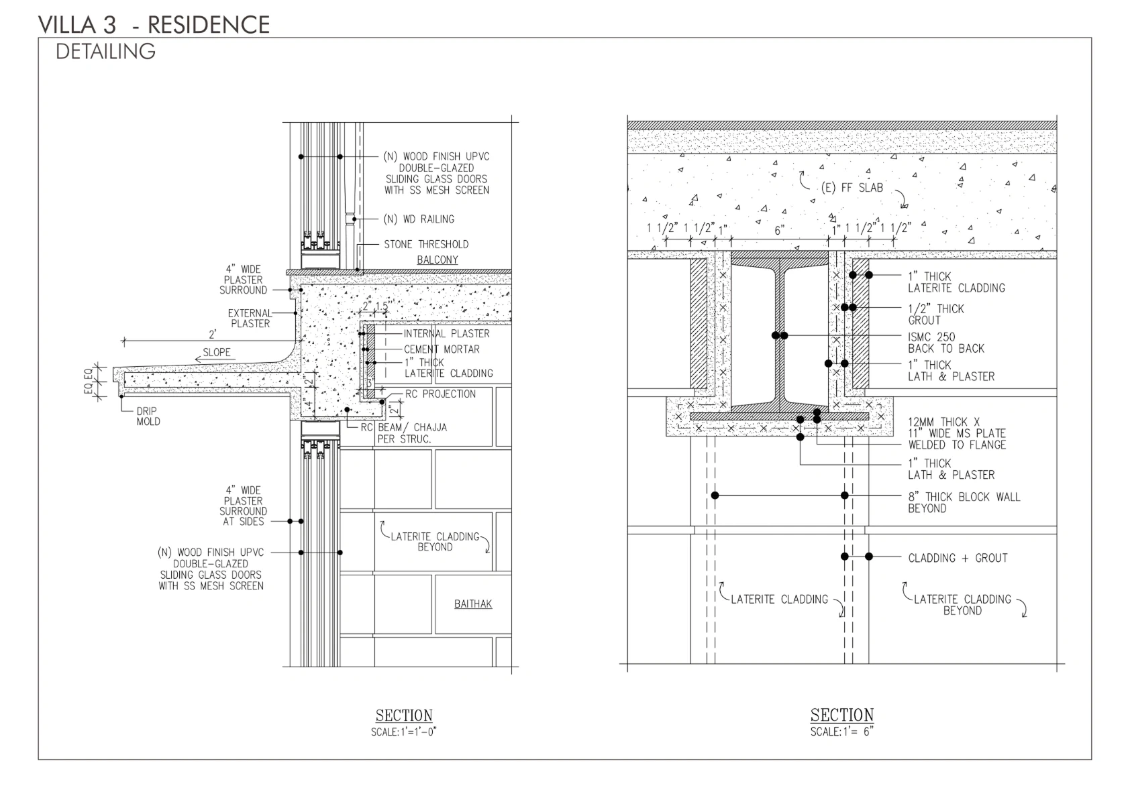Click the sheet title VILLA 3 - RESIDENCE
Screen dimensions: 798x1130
click(x=154, y=25)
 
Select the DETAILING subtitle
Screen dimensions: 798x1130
click(x=105, y=52)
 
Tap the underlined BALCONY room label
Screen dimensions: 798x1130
click(x=437, y=260)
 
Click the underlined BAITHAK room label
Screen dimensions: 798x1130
click(x=472, y=604)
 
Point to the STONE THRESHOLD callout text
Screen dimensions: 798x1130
click(x=425, y=244)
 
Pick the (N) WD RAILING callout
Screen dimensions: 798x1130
click(x=418, y=219)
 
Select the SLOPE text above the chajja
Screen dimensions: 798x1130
click(x=217, y=352)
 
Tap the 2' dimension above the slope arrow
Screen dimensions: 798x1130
click(x=212, y=335)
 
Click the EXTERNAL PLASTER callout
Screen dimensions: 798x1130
click(x=250, y=318)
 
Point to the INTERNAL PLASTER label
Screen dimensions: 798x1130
click(x=446, y=333)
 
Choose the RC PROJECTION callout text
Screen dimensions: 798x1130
click(x=440, y=394)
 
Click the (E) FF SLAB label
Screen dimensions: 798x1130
click(x=852, y=188)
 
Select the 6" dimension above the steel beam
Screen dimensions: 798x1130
click(x=779, y=230)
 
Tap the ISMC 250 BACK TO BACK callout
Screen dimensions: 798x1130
click(x=945, y=343)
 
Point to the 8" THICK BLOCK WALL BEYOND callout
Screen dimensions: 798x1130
click(x=964, y=502)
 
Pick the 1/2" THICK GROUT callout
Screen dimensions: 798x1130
click(x=935, y=315)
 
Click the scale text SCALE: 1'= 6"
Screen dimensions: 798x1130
click(x=841, y=732)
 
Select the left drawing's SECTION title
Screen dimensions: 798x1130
click(x=404, y=716)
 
